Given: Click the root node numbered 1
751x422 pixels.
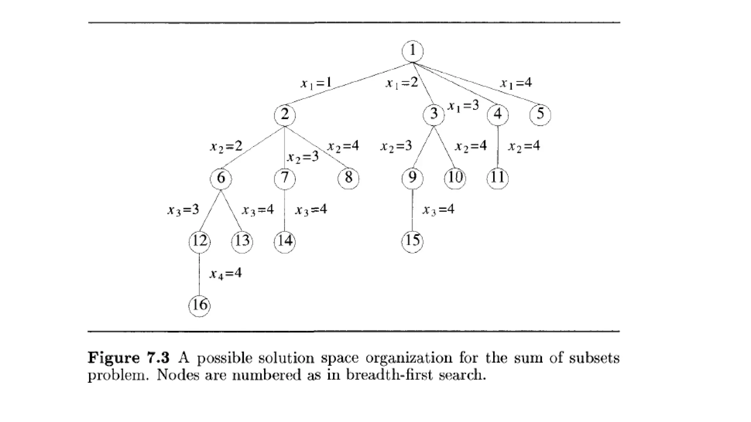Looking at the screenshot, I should point(413,51).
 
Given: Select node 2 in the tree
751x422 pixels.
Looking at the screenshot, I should point(285,115).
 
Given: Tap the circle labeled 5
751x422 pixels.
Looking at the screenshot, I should point(540,114).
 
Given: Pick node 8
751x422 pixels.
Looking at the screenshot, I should point(348,178).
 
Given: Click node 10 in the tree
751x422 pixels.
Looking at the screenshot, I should point(455,178).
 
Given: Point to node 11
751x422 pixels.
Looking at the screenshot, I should point(498,178).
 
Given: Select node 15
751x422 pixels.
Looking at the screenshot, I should point(413,241).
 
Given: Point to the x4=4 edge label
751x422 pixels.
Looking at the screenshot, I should point(226,274).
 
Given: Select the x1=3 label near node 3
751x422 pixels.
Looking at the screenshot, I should point(463,106).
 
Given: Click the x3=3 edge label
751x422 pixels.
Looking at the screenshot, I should point(183,210).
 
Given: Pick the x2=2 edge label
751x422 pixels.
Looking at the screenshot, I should point(226,147).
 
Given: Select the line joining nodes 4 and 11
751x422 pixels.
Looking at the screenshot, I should point(498,147).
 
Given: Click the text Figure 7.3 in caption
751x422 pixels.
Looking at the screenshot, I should point(128,358).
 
